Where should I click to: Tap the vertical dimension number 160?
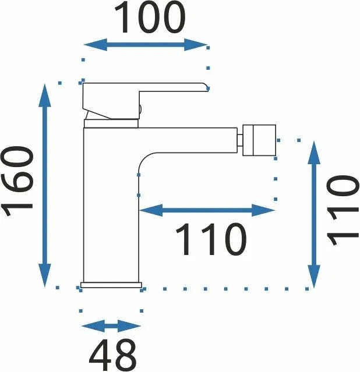click(x=18, y=182)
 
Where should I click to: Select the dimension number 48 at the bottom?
click(x=113, y=353)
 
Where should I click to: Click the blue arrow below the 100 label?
click(x=146, y=44)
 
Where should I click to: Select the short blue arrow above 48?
click(x=111, y=326)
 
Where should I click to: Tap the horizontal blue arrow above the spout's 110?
click(x=207, y=210)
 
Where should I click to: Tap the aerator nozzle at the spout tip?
click(x=259, y=140)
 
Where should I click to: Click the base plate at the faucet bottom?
click(x=111, y=285)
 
